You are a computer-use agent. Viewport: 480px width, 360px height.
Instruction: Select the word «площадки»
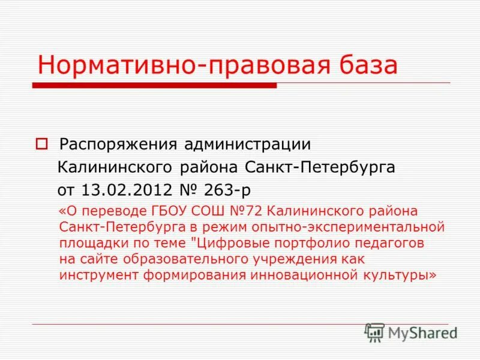(90, 244)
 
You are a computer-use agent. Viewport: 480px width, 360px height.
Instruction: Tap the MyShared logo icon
(375, 332)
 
